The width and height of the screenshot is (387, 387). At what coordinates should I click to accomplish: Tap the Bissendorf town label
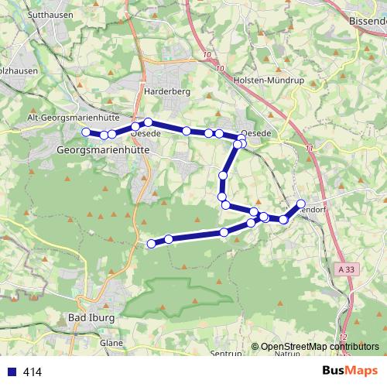367,21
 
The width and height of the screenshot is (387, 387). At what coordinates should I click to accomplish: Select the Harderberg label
167,91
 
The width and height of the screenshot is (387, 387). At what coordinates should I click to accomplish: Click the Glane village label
111,341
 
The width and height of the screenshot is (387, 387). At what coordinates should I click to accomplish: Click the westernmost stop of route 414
86,132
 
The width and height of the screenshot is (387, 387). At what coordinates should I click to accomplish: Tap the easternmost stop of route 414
301,204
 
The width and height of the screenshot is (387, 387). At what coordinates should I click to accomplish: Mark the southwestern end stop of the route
152,245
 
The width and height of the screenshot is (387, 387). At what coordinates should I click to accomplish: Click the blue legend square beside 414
10,372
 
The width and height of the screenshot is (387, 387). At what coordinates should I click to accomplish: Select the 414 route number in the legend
32,372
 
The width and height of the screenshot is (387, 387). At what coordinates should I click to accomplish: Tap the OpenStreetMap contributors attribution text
320,347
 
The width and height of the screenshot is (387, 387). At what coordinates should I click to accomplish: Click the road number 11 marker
310,147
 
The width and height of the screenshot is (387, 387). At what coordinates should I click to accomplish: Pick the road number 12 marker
343,337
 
